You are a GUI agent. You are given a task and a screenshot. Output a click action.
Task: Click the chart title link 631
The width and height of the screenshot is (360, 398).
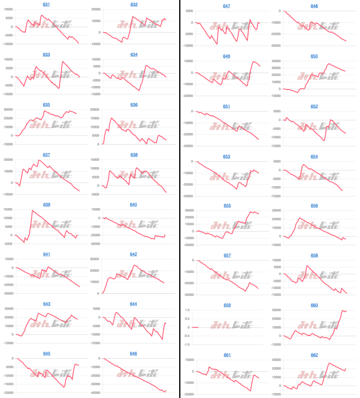point(46,4)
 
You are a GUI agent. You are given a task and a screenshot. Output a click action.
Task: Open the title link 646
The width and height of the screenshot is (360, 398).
point(133,354)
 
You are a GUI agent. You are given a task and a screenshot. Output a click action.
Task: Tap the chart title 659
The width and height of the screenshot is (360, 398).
point(227,305)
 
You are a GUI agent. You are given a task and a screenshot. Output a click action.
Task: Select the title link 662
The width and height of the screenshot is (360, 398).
point(314,355)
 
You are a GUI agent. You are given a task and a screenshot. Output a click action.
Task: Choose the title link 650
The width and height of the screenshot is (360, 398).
point(314,56)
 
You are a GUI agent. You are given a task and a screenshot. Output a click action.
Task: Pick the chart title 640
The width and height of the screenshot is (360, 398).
point(133,205)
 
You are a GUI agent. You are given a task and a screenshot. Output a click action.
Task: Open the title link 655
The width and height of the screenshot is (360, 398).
point(227,206)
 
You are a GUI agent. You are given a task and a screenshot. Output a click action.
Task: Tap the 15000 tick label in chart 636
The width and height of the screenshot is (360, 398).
point(94,118)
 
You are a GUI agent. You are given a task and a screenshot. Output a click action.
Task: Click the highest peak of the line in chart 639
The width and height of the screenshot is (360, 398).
point(32,210)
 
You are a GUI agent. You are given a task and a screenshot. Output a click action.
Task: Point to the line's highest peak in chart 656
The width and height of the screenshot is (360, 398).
point(299,218)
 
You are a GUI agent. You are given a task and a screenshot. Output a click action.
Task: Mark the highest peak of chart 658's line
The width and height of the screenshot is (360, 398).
point(307,265)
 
